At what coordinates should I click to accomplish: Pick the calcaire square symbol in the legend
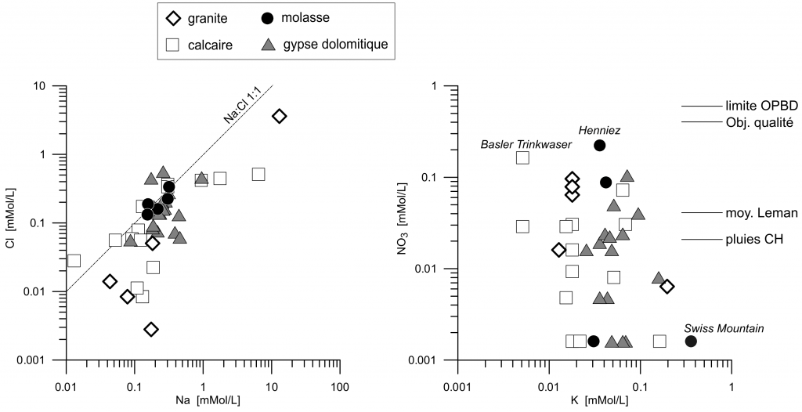(x=173, y=45)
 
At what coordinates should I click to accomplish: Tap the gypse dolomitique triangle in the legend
(x=267, y=45)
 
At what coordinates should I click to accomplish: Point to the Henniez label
(x=600, y=129)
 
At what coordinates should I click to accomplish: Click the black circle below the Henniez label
(x=600, y=146)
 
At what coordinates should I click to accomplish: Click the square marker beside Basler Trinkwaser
(x=522, y=157)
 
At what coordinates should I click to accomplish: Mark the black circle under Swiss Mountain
(x=691, y=341)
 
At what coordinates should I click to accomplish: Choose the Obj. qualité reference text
(x=760, y=122)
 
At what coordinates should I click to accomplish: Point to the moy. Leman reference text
(x=761, y=212)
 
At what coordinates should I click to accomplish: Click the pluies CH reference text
(x=757, y=239)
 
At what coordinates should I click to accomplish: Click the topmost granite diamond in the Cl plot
(x=280, y=116)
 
